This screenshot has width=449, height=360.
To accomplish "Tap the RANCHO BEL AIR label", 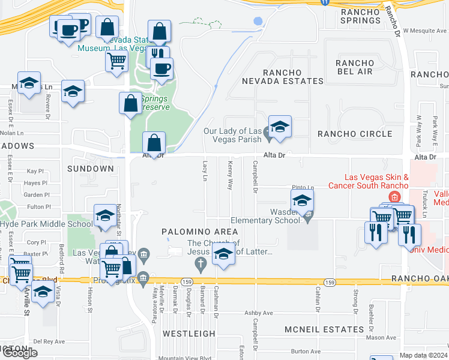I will pyautogui.click(x=354, y=67).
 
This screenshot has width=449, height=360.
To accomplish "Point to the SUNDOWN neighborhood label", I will pyautogui.click(x=91, y=169).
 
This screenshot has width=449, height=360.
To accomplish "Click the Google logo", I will pyautogui.click(x=20, y=353).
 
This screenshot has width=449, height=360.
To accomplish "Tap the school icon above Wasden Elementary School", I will pyautogui.click(x=302, y=201).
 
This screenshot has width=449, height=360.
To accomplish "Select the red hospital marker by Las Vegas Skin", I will pyautogui.click(x=394, y=197).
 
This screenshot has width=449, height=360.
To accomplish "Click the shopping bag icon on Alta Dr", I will pyautogui.click(x=154, y=143).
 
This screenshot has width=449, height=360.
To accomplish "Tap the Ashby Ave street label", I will pyautogui.click(x=259, y=313).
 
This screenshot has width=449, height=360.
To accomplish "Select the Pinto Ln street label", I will pyautogui.click(x=303, y=187).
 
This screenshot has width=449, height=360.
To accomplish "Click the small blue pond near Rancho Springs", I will pyautogui.click(x=258, y=21).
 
